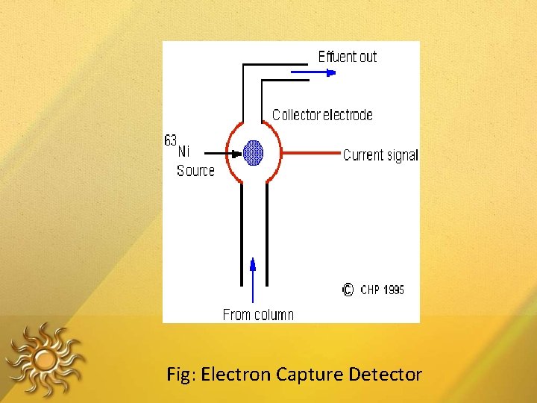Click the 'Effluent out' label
pos(348,57)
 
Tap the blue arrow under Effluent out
pos(313,72)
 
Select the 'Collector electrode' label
pos(322,115)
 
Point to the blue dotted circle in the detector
pos(253,153)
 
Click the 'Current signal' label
pos(380,155)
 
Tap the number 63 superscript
pos(171,140)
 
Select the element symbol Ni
pos(184,151)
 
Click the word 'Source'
pos(195,171)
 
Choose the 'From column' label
pos(258,315)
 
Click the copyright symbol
pos(348,290)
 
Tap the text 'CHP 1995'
pos(383,290)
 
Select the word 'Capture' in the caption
pos(309,374)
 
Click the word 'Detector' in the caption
pos(385,374)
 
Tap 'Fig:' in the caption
pos(182,374)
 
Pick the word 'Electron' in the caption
pos(236,374)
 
